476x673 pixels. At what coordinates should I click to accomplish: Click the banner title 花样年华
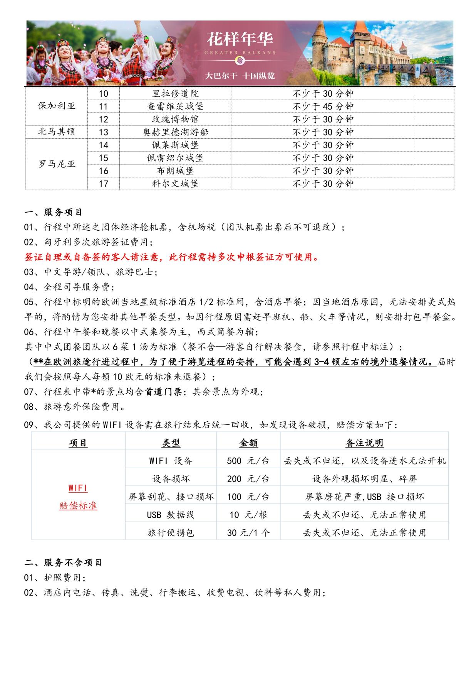[x=240, y=39]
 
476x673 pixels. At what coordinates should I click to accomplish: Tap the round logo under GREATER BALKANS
[x=240, y=60]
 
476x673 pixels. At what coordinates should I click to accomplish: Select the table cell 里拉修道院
[x=175, y=94]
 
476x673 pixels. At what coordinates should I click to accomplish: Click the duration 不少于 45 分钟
[x=323, y=106]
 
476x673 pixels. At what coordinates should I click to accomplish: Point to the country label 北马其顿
[x=57, y=132]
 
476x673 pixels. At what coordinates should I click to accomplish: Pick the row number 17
[x=103, y=184]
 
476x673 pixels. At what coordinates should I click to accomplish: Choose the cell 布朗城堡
[x=175, y=171]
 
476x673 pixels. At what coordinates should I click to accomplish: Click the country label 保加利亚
[x=57, y=106]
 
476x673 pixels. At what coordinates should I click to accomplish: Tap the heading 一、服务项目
[x=54, y=212]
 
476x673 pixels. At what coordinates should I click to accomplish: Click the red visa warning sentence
[x=172, y=257]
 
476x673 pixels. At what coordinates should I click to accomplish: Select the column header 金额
[x=248, y=443]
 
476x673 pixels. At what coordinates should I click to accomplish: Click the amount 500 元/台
[x=248, y=461]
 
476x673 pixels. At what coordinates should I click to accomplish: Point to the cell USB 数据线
[x=171, y=515]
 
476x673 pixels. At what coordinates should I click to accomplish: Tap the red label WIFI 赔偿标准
[x=78, y=497]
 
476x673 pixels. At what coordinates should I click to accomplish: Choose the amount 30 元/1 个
[x=248, y=533]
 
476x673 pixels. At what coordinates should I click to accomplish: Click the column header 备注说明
[x=364, y=443]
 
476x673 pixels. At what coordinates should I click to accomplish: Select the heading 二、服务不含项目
[x=64, y=563]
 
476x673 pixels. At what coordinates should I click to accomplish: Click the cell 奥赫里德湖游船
[x=175, y=132]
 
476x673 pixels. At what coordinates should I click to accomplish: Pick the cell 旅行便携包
[x=171, y=533]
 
